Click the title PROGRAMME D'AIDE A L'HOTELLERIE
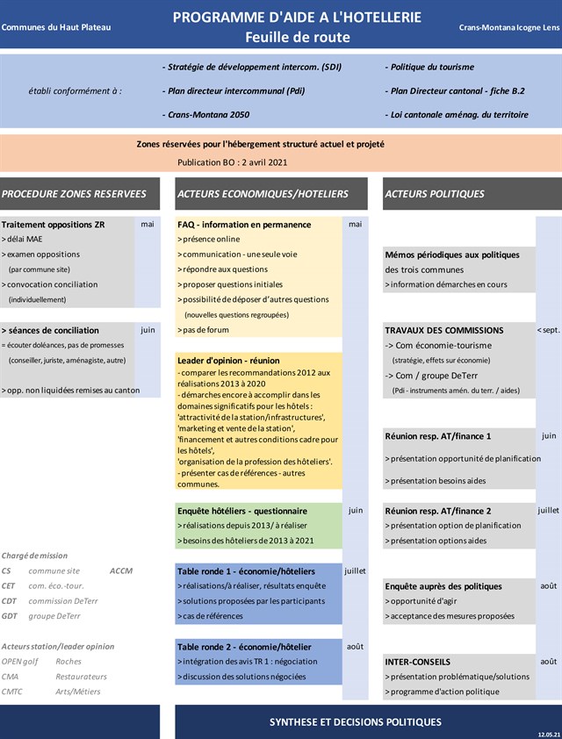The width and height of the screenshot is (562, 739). coord(297,18)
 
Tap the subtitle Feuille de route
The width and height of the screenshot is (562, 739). coord(297,37)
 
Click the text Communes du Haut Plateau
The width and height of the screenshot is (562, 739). coord(56,28)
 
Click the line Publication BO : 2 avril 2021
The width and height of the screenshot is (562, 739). coord(232,162)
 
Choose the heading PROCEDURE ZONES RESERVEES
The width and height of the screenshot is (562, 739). coord(74,194)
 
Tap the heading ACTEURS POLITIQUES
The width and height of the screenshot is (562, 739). coord(434,194)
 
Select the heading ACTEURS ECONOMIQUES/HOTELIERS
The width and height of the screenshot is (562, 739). coord(263,194)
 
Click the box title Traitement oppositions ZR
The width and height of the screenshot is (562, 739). coord(53,225)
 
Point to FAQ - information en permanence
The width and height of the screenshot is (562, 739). coord(243,225)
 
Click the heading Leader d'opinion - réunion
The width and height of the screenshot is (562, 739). coord(228,360)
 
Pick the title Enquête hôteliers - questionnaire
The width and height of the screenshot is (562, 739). coord(242,511)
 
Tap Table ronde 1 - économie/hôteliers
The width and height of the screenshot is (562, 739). coord(246,571)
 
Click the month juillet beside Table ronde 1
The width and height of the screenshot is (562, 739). coord(355,570)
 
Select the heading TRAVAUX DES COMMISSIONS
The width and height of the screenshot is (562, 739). coord(444,331)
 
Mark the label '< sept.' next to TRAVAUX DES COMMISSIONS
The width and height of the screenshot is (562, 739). coord(548,331)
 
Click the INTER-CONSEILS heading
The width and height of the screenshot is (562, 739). coord(418,662)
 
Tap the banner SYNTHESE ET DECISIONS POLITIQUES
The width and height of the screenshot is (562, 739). coord(355,722)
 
